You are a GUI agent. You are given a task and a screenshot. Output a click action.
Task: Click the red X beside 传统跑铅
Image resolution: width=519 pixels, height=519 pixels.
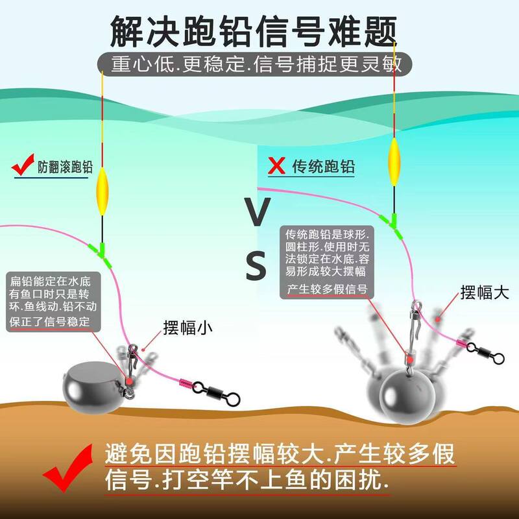[x=277, y=165]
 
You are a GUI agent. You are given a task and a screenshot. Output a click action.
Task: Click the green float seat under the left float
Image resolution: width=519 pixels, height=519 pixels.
[x=103, y=250]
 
